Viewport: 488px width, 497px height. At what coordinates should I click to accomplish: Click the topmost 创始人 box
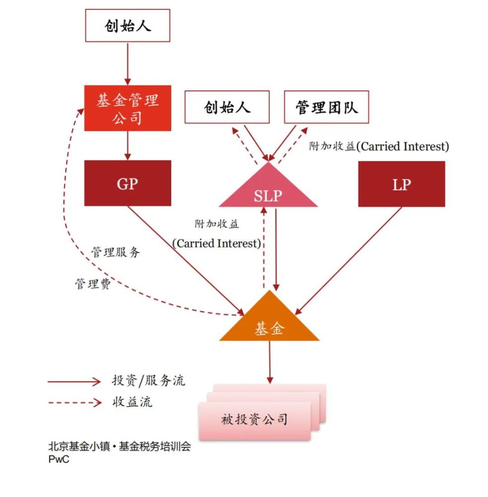coord(128,25)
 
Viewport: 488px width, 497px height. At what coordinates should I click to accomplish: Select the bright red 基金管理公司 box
coord(128,108)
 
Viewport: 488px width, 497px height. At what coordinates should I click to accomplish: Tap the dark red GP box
coord(128,183)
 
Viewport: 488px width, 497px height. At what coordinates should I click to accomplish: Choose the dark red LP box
coord(402,184)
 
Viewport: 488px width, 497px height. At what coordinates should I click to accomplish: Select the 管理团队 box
coord(327,107)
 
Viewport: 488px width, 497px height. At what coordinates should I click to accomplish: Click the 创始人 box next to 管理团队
coord(227,107)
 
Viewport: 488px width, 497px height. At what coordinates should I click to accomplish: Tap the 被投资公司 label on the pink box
coord(254,419)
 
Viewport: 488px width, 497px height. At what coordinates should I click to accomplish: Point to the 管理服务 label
coord(116,252)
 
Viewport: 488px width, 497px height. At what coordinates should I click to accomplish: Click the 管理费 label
coord(93,284)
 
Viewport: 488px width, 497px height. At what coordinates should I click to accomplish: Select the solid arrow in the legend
coord(74,382)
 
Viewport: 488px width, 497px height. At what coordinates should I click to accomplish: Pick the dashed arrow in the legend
coord(75,403)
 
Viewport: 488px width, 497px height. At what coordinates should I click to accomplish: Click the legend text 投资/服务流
coord(148,380)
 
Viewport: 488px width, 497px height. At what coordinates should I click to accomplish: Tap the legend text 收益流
coord(133,402)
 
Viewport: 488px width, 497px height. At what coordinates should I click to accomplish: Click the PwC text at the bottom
coord(59,459)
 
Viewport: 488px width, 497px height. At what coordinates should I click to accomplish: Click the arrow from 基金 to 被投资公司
coord(270,362)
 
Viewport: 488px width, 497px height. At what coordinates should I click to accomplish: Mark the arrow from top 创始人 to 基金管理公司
coord(128,64)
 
